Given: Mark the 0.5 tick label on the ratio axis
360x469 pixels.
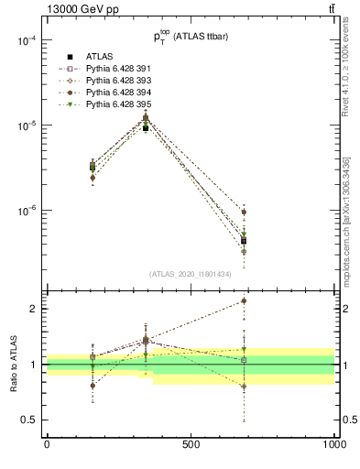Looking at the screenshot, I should (x=28, y=420).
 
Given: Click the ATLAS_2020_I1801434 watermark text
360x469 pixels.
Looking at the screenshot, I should (x=190, y=274).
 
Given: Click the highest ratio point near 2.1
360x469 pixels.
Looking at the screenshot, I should (x=243, y=300).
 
